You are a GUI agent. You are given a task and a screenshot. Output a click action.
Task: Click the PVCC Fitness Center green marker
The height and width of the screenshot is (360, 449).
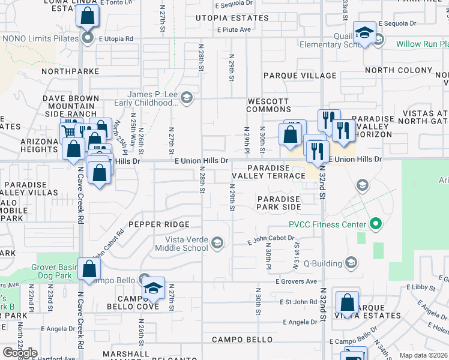pyautogui.click(x=376, y=225)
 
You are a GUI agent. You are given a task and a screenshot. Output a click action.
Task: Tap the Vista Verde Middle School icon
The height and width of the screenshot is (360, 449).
pyautogui.click(x=217, y=242)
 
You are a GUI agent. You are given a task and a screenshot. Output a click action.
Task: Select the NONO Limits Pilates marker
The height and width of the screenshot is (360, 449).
pyautogui.click(x=87, y=38)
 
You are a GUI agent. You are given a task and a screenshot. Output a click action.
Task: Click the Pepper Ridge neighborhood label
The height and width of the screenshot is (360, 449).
pyautogui.click(x=159, y=224)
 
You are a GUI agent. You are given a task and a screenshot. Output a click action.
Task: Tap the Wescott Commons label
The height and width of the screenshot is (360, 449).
pyautogui.click(x=268, y=106)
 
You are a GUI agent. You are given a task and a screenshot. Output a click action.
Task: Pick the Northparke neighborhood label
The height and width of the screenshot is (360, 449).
pyautogui.click(x=71, y=71)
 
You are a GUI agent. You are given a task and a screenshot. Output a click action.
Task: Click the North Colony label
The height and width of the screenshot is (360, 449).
pyautogui.click(x=399, y=70)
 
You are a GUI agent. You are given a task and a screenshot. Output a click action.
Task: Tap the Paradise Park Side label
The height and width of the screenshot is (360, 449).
pyautogui.click(x=279, y=203)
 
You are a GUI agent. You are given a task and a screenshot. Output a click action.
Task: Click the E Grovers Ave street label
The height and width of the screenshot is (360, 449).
pyautogui.click(x=296, y=281)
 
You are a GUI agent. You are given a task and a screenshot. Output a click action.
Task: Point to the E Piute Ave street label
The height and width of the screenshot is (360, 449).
pyautogui.click(x=234, y=29)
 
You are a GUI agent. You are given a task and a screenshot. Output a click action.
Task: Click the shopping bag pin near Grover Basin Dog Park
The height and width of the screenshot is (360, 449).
pyautogui.click(x=88, y=271)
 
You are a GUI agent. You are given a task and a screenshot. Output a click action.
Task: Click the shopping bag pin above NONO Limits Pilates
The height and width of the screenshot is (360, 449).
pyautogui.click(x=87, y=17)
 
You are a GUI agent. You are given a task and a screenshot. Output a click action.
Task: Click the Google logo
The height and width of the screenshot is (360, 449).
pyautogui.click(x=20, y=353)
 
